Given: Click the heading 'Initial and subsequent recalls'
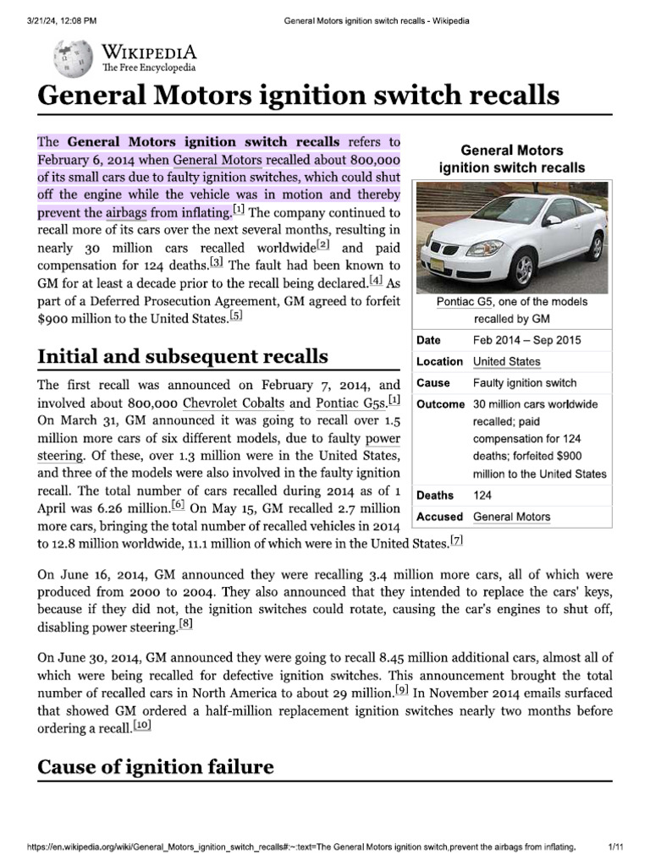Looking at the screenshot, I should click(183, 356).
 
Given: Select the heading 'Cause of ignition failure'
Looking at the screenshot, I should click(156, 767).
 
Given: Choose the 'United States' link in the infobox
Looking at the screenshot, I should click(506, 361).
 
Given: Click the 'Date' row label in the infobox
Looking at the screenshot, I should click(428, 340).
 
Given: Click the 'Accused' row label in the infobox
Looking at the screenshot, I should click(439, 517).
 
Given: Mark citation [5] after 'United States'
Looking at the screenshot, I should click(236, 316).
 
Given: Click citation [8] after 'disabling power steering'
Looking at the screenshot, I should click(185, 625).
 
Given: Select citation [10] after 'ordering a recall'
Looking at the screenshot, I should click(142, 726).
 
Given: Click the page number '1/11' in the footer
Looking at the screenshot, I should click(616, 847).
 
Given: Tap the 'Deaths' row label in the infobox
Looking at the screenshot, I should click(434, 496).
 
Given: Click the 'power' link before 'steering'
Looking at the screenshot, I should click(383, 439).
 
